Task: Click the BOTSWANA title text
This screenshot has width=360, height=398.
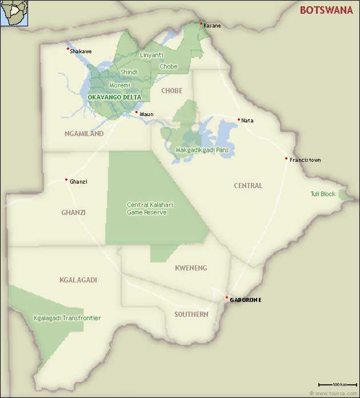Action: click(x=326, y=10)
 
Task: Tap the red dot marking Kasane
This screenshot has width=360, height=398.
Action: click(x=201, y=23)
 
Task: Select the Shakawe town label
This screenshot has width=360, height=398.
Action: click(x=81, y=51)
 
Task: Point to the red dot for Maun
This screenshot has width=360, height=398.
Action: click(x=137, y=112)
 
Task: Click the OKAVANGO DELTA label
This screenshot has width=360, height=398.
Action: click(x=114, y=97)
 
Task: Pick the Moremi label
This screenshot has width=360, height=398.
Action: click(x=119, y=85)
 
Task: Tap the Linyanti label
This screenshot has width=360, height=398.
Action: click(x=151, y=55)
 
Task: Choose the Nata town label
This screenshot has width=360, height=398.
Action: click(x=247, y=121)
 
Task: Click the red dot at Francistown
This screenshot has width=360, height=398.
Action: click(x=286, y=158)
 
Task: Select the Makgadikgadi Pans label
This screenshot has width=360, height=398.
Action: click(x=198, y=150)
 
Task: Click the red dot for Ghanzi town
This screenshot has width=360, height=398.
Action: click(x=66, y=180)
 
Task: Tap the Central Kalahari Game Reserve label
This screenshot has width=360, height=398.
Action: click(x=147, y=208)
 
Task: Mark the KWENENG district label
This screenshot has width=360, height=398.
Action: click(x=191, y=268)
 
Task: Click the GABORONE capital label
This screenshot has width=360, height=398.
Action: click(x=246, y=300)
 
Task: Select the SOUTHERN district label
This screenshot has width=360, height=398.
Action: click(x=191, y=314)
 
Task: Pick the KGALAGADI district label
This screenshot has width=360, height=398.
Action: click(x=78, y=280)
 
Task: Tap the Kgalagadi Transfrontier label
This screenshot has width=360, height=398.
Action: click(x=67, y=318)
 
